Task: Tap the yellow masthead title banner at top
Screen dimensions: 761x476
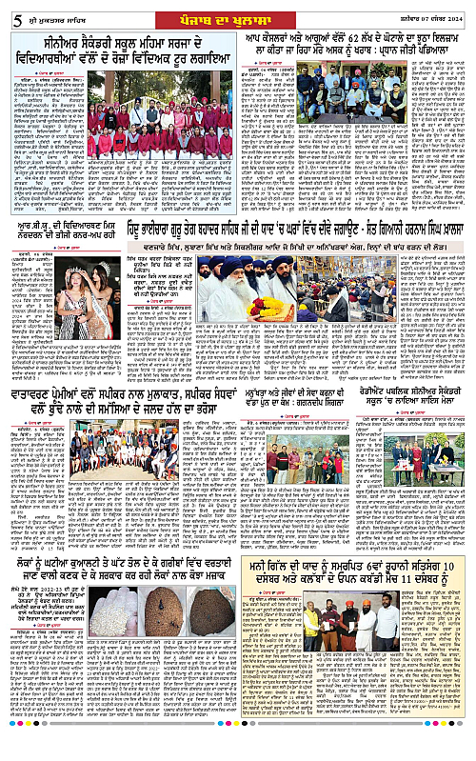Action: coord(237,10)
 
